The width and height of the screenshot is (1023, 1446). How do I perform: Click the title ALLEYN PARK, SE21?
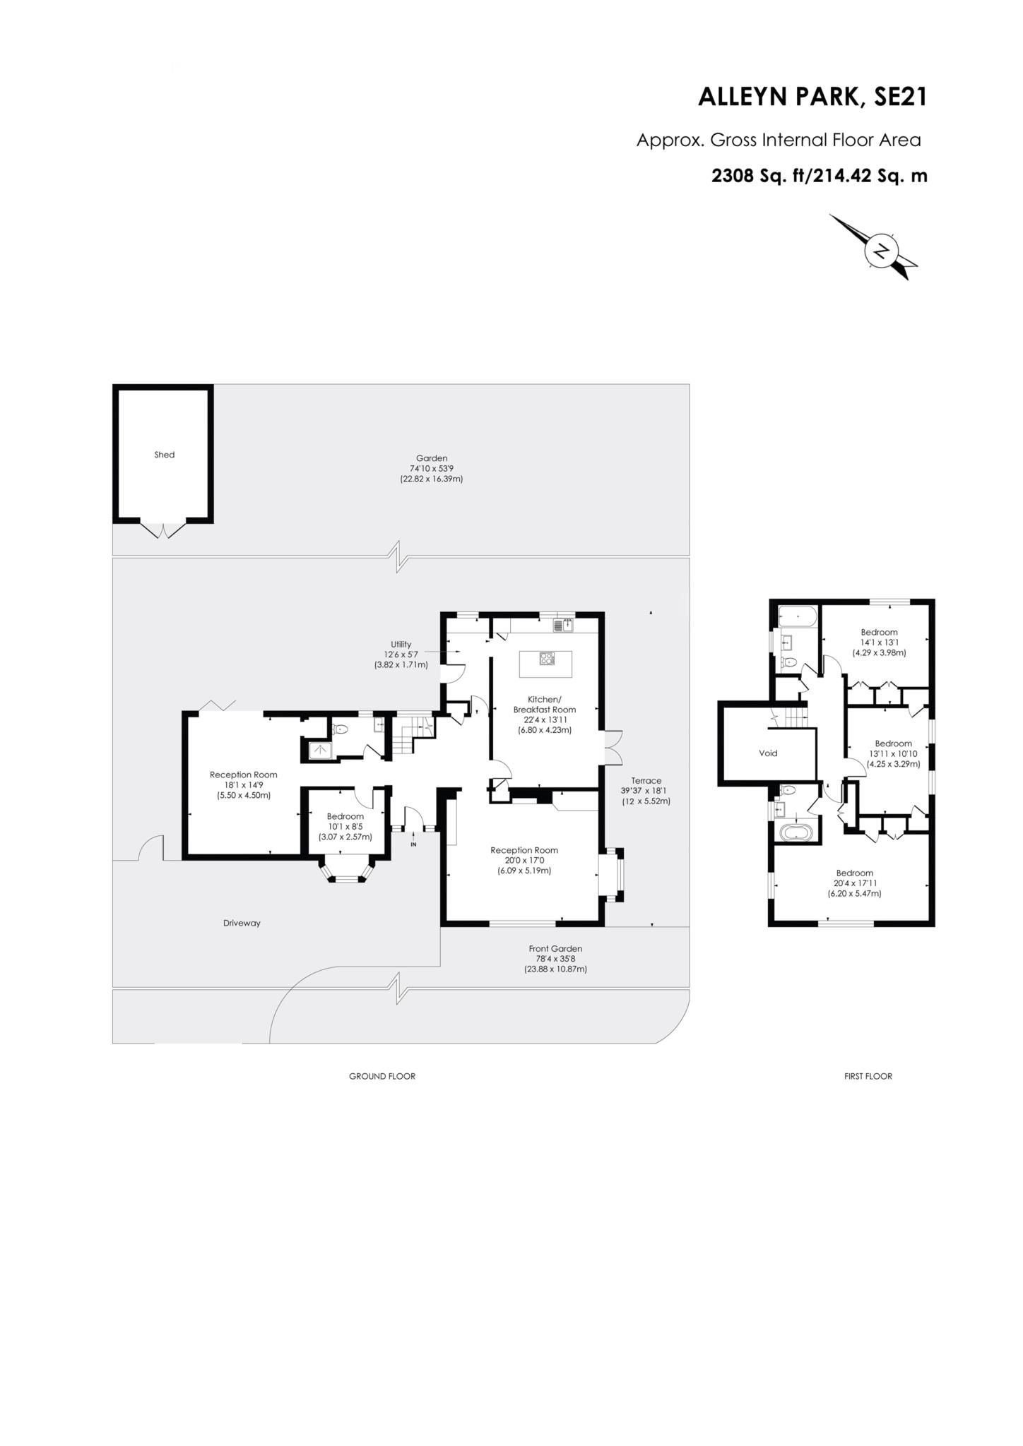(812, 97)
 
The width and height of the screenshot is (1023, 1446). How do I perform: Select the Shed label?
(164, 455)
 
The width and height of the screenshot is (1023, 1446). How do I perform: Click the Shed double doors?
(164, 530)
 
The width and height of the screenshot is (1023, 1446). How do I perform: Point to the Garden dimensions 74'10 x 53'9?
(431, 468)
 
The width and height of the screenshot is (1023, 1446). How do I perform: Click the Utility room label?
(401, 645)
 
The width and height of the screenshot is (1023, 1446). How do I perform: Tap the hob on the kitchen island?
(547, 659)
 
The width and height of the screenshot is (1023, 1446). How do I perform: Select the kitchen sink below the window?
(564, 625)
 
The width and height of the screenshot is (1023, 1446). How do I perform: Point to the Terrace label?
(646, 780)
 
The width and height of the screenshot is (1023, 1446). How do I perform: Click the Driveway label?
(242, 923)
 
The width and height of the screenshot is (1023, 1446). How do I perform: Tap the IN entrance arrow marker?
(413, 840)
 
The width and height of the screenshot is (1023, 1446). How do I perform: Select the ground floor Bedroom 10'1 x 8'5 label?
(345, 816)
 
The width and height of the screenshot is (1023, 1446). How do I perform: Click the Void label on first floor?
(768, 753)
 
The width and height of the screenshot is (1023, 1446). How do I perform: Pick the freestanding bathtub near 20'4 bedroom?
(798, 832)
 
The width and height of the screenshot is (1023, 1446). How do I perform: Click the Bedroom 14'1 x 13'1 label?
(879, 632)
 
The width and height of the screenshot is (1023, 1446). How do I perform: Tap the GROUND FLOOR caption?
(382, 1076)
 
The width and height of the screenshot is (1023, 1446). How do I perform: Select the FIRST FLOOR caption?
(868, 1076)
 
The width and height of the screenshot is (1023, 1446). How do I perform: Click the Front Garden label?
(555, 948)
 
